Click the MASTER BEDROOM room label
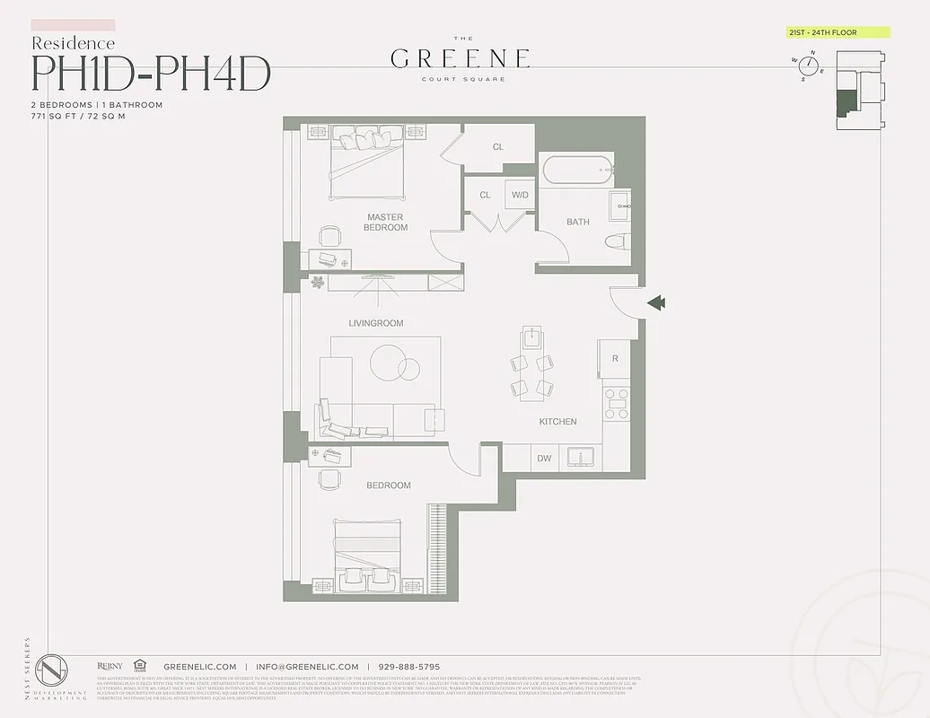pos(385,223)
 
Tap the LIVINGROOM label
pos(376,323)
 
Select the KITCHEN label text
pos(557,422)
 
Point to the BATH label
pos(578,222)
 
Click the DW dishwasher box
pos(545,459)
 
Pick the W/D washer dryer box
pos(520,195)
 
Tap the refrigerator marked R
pos(615,359)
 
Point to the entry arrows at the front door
pos(656,303)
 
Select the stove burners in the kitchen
pos(617,405)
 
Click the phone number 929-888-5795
pos(409,667)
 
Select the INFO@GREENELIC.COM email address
pos(307,667)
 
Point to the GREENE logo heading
pos(461,59)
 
